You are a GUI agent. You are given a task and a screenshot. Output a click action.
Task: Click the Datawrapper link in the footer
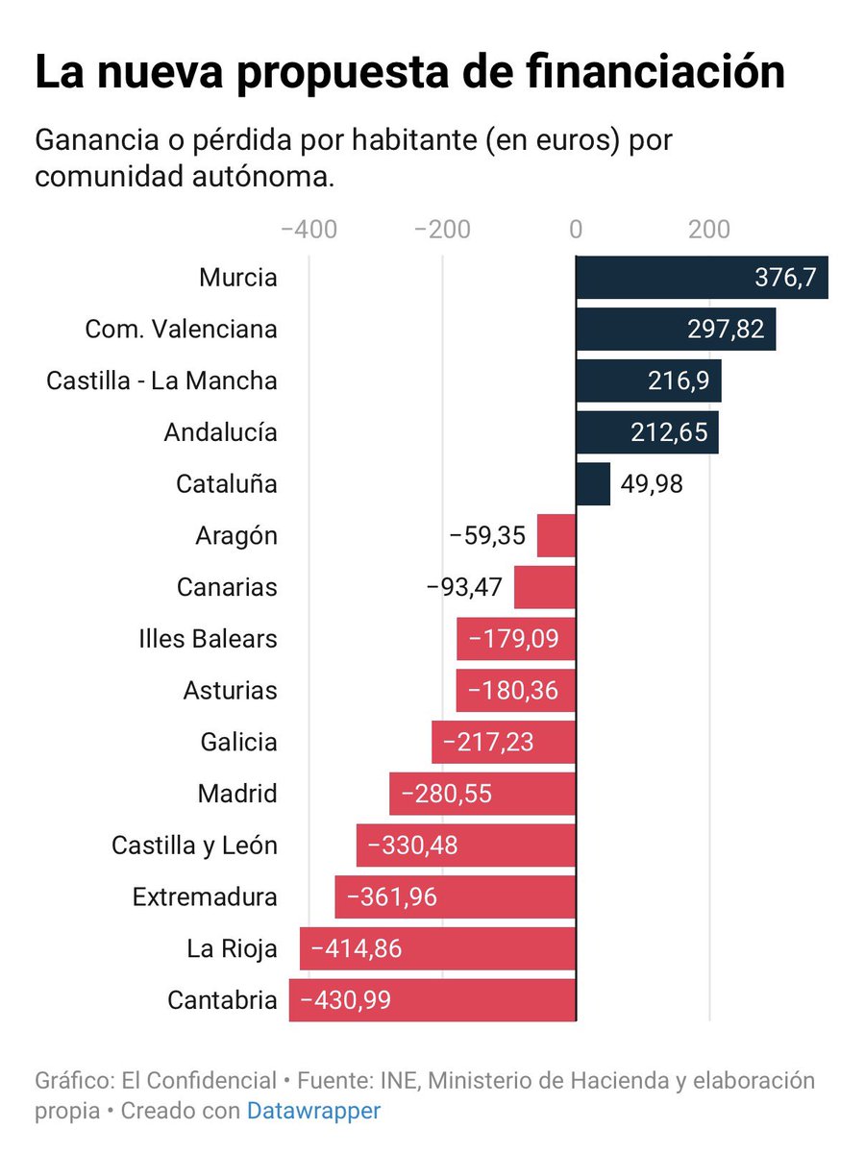[x=313, y=1111]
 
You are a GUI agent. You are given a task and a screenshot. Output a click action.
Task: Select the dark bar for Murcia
[x=702, y=278]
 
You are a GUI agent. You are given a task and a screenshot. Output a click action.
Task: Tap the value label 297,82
[x=726, y=330]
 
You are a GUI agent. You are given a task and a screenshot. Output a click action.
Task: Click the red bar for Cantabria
[x=432, y=1000]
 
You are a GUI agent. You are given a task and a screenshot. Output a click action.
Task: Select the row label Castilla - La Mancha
[x=161, y=380]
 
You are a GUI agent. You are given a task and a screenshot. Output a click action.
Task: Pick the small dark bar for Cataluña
[x=593, y=484]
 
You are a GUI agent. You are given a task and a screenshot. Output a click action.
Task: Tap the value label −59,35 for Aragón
[x=487, y=536]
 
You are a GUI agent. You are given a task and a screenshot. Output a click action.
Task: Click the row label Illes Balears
[x=208, y=638]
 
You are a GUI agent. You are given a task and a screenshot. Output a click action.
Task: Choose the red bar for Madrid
[x=482, y=794]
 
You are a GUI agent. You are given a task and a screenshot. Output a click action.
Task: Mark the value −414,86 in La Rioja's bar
[x=351, y=949]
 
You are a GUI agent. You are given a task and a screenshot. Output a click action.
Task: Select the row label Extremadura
[x=205, y=897]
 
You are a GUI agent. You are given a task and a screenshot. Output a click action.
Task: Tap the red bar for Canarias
[x=545, y=587]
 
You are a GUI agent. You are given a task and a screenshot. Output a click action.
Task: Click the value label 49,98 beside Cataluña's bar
[x=652, y=484]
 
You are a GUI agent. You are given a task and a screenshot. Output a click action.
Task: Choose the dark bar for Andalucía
[x=647, y=432]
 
